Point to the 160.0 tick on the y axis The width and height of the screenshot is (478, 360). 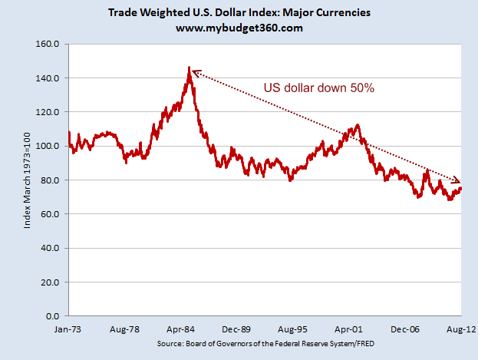point(48,45)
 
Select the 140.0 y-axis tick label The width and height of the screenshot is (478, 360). point(48,78)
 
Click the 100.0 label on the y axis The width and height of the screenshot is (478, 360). point(48,146)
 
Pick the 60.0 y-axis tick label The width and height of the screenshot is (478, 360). point(51,214)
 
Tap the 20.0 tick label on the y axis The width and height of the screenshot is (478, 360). point(51,282)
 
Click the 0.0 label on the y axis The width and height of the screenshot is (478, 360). point(53,315)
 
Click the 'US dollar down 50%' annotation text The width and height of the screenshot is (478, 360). point(318,88)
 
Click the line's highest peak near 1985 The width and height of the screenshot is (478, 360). point(189,68)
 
